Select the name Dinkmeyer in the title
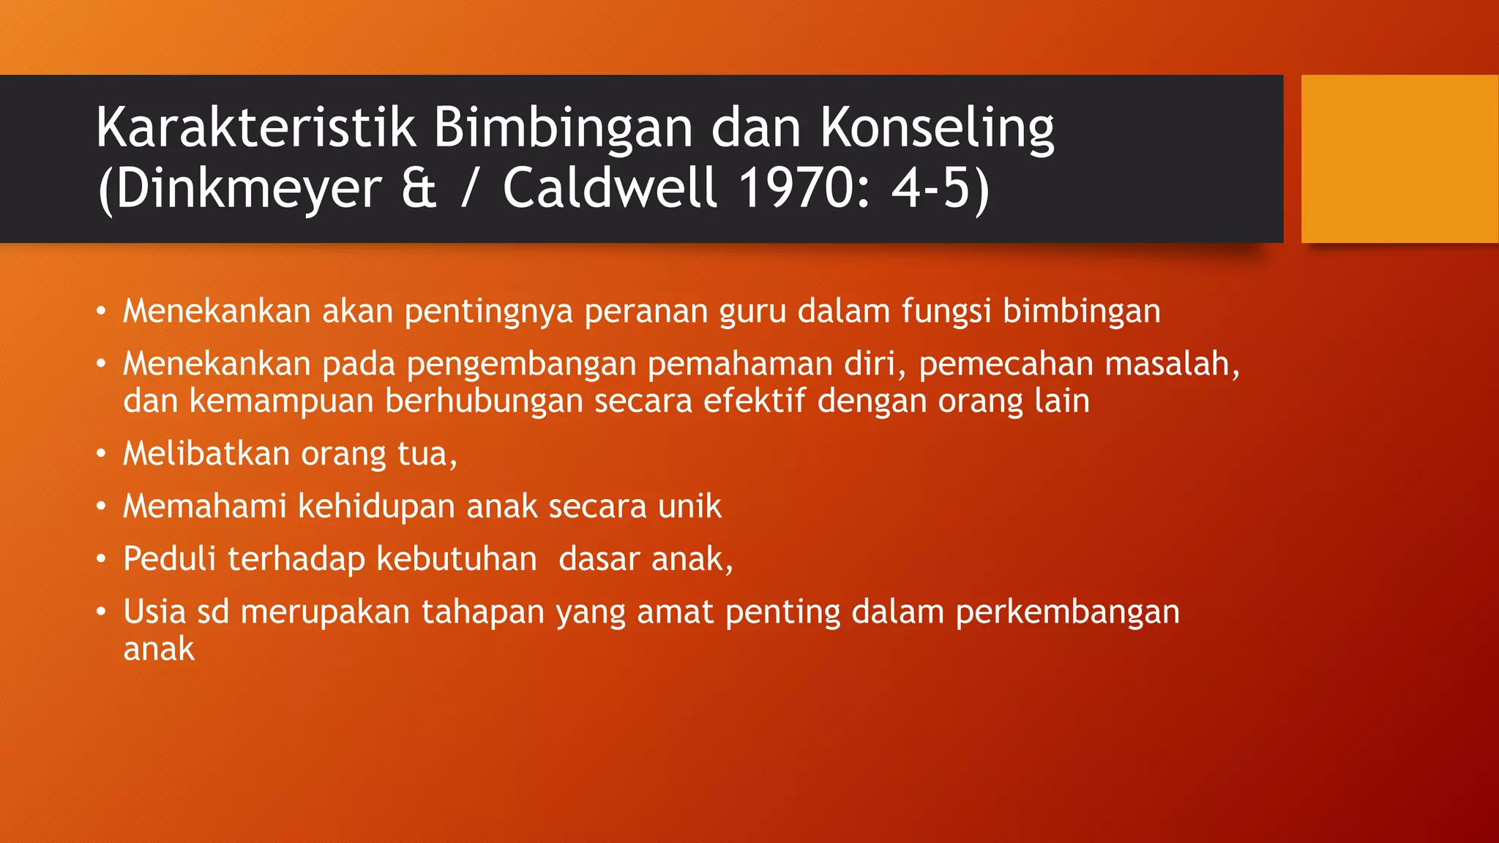click(x=247, y=189)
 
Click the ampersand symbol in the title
click(x=419, y=189)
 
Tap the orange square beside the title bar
click(x=1399, y=159)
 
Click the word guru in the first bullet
click(x=752, y=312)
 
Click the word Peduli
click(x=170, y=559)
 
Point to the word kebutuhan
click(x=457, y=559)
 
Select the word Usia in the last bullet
click(x=154, y=612)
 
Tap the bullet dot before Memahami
click(x=101, y=506)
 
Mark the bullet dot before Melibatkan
click(x=101, y=454)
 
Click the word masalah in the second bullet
click(x=1171, y=364)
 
